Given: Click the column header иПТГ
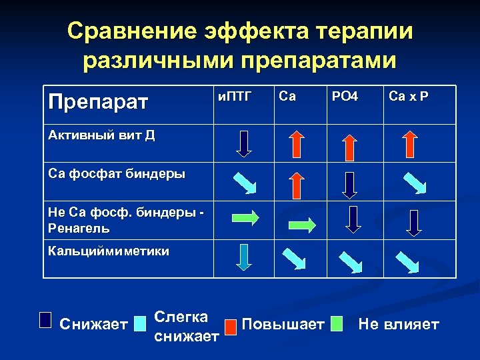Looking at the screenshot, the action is [x=235, y=97].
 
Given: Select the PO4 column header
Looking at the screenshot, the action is [x=345, y=97].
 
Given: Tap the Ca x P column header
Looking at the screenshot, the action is [x=409, y=97].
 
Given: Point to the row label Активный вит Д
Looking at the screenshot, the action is [x=102, y=135].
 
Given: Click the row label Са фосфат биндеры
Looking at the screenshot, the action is [x=117, y=174].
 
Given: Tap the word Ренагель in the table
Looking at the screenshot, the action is [x=79, y=228].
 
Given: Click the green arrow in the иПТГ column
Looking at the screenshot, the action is [x=245, y=217].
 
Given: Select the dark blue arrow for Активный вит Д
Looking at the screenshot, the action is [x=245, y=143].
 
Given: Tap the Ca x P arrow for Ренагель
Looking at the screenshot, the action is [x=413, y=222].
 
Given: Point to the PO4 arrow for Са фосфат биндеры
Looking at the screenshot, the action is [x=349, y=184].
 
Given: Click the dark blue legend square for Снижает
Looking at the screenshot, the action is [x=45, y=319].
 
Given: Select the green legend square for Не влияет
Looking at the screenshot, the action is [x=337, y=323].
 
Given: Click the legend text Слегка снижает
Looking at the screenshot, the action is [x=186, y=326].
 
